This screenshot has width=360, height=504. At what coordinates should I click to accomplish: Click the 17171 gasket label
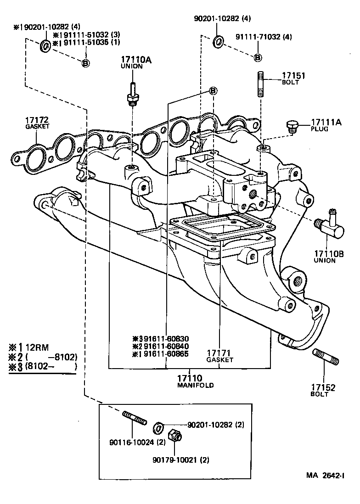click(219, 356)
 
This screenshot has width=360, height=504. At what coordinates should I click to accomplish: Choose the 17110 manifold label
click(189, 381)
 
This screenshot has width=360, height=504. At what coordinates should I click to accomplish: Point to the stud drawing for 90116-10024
click(134, 419)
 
